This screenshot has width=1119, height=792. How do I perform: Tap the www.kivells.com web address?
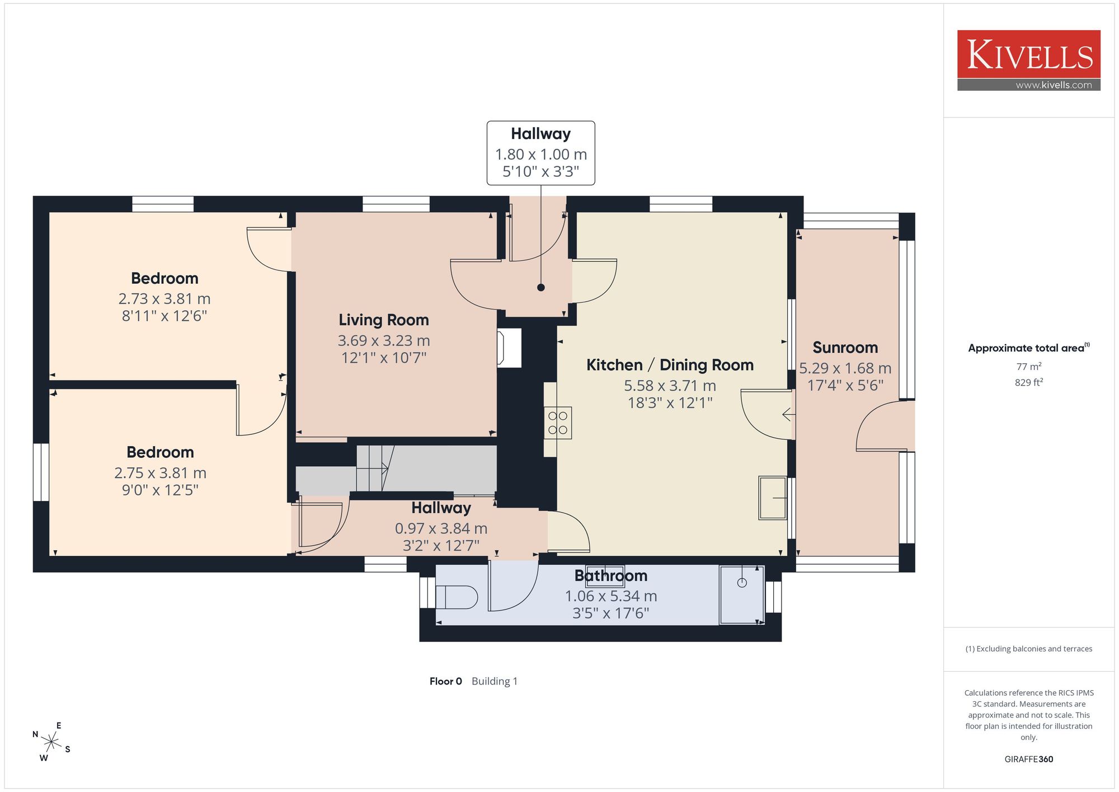(1054, 85)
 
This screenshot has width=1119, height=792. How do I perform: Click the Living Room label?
(384, 320)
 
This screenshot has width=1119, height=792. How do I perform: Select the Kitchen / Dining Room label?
(670, 365)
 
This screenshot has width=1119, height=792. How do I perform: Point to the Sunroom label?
(845, 348)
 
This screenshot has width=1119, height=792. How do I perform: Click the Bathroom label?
(611, 575)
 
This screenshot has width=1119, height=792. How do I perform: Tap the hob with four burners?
(558, 423)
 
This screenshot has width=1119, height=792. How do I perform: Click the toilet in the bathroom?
(456, 597)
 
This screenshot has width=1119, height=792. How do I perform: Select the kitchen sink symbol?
(773, 498)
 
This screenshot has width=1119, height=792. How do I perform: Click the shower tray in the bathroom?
(742, 594)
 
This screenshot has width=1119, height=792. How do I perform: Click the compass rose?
(51, 743)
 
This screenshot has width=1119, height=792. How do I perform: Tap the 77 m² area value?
(1029, 367)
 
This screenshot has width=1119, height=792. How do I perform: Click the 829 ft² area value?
(1029, 382)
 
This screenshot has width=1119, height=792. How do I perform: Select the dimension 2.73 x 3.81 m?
(164, 299)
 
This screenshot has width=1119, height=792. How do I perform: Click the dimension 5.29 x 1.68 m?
(845, 368)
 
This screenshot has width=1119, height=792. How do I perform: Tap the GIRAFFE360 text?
(1029, 759)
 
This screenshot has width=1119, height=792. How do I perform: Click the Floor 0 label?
(446, 681)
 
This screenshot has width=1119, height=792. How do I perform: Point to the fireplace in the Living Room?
(509, 348)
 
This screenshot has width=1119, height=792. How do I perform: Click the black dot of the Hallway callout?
(541, 288)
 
